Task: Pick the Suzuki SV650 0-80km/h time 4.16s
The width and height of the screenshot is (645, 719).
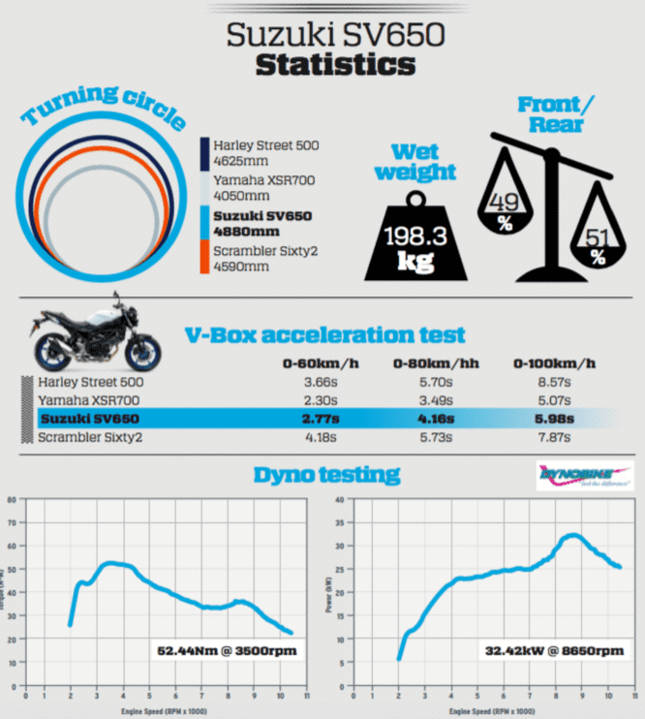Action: (432, 419)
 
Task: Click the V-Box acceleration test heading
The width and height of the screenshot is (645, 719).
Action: (325, 335)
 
